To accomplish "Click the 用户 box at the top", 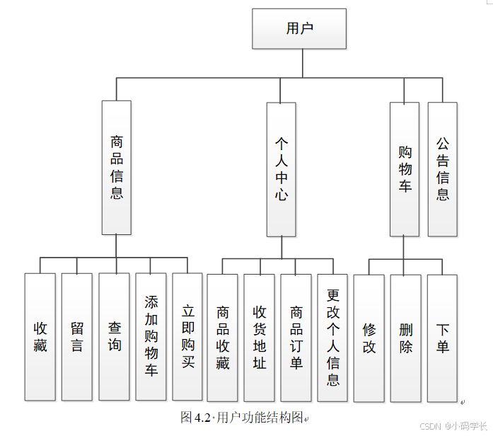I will [299, 29].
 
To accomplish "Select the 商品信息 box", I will [116, 168].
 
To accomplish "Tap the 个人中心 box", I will [281, 169].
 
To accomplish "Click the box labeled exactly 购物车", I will [405, 169].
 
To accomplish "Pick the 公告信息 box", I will [443, 169].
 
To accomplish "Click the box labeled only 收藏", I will [40, 337].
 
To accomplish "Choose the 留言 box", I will [76, 337].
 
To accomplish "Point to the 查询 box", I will [114, 337].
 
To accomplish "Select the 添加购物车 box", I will [151, 337].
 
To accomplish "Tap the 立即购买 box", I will [187, 337].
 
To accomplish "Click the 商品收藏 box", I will [222, 338].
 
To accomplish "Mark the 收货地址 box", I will [259, 338].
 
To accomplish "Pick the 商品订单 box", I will [296, 338].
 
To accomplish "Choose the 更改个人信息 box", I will [332, 338].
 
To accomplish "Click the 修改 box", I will [369, 338].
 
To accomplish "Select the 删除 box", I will [405, 338].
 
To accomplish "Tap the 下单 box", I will [442, 338].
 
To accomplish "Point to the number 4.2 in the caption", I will [203, 417].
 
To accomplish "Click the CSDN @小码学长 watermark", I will [453, 426].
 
